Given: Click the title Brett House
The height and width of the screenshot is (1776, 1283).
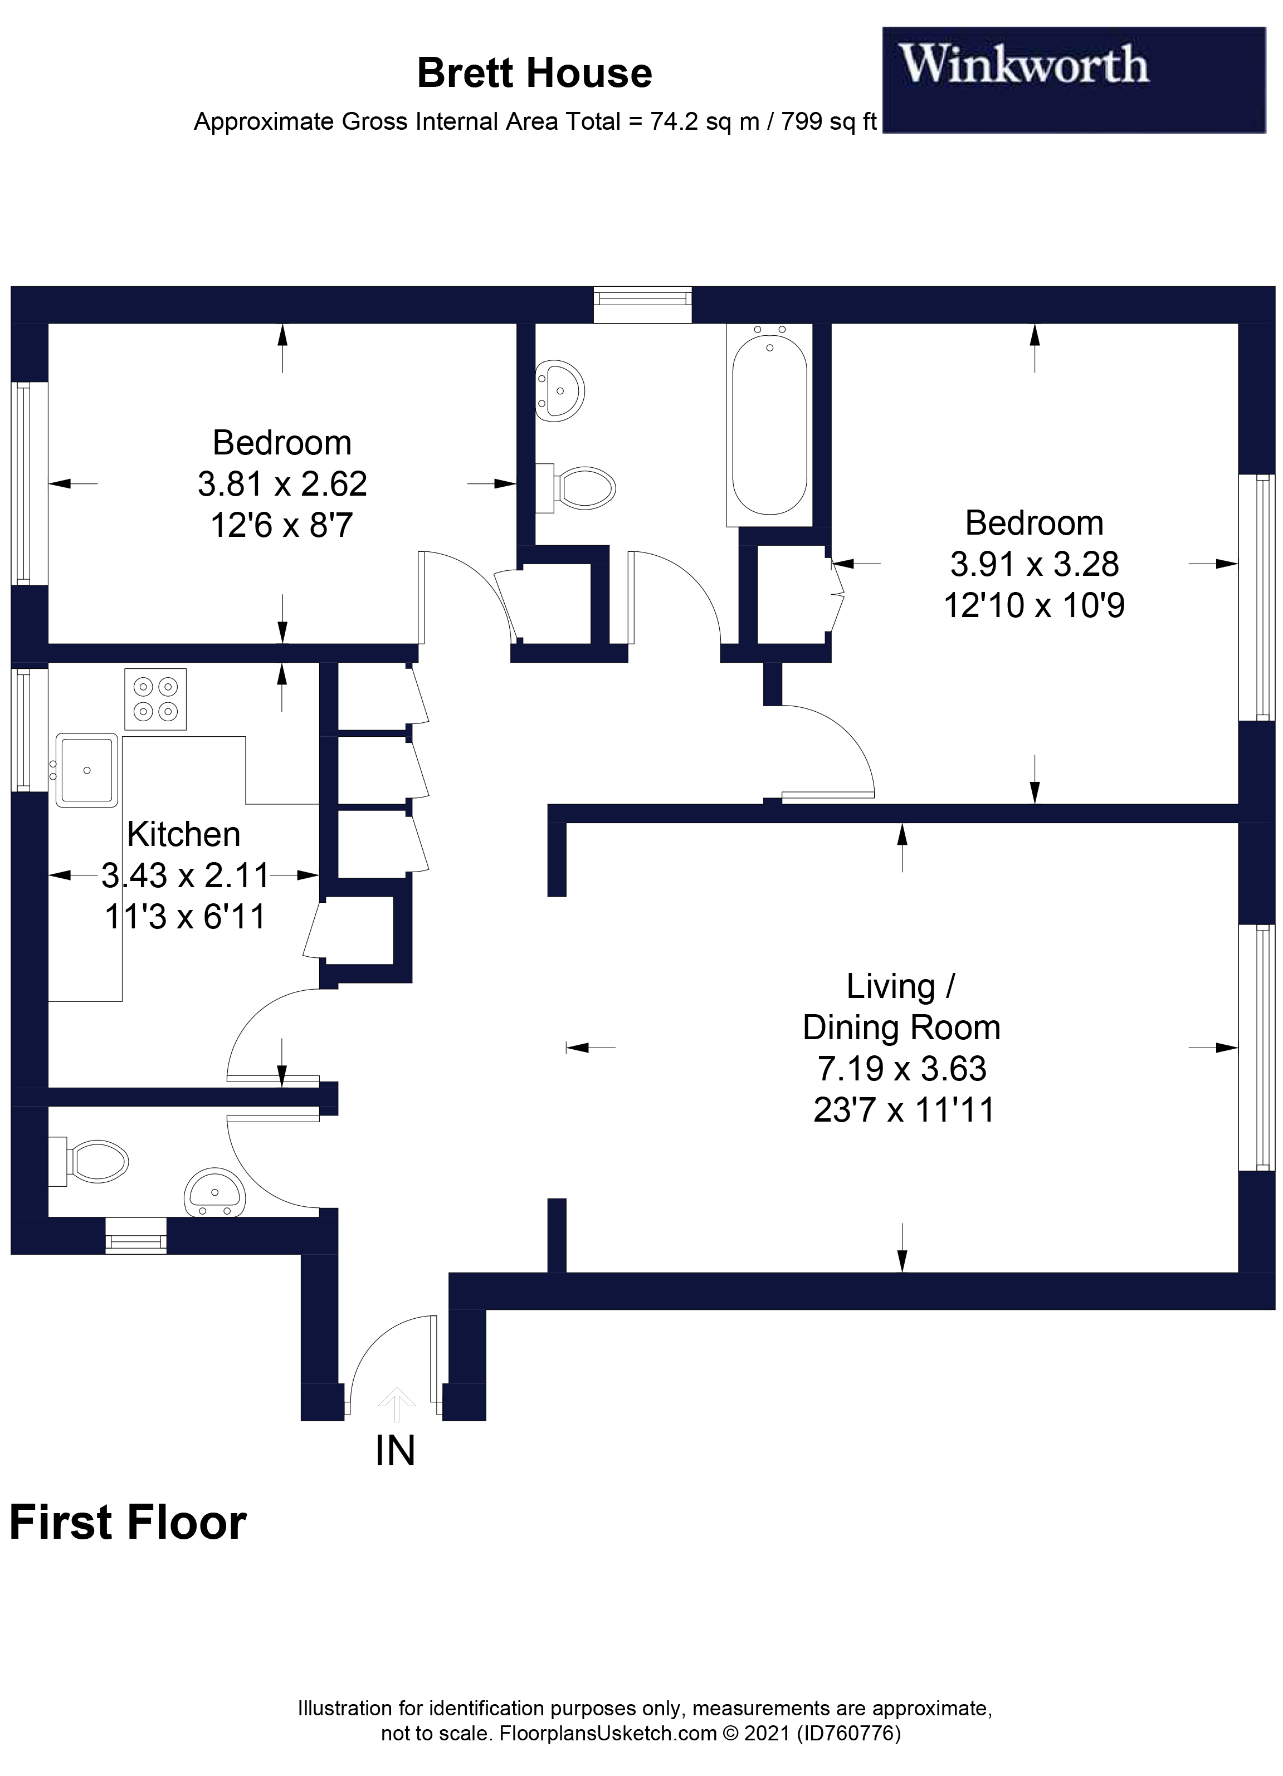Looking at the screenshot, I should [x=534, y=74].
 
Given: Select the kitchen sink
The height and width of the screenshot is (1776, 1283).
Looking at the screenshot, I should [x=86, y=770].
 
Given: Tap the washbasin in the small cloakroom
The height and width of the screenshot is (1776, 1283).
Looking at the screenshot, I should [x=214, y=1193].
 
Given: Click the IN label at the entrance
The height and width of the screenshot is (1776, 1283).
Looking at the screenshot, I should [x=395, y=1451].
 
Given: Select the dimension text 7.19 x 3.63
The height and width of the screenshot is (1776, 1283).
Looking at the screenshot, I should [x=901, y=1068].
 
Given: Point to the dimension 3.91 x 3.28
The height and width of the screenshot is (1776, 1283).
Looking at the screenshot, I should [x=1034, y=564].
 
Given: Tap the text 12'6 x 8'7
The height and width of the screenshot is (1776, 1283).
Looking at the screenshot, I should [x=281, y=525].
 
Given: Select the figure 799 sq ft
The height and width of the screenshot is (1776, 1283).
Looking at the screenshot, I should [x=829, y=122].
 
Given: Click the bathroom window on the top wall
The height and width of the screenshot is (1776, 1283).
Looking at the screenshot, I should [x=642, y=305].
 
